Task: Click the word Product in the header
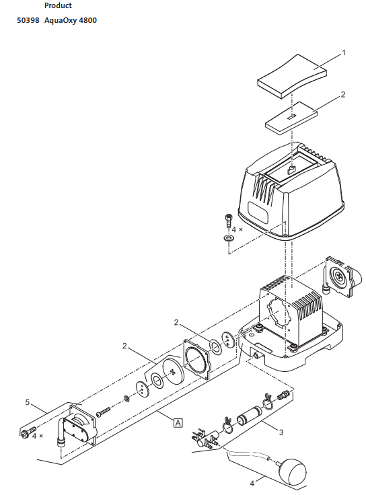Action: pos(58,5)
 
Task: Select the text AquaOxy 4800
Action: pos(71,20)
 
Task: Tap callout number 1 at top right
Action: pos(343,52)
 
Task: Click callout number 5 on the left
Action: pos(28,402)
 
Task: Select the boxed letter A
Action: pos(178,422)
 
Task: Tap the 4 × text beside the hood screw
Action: pos(239,229)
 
